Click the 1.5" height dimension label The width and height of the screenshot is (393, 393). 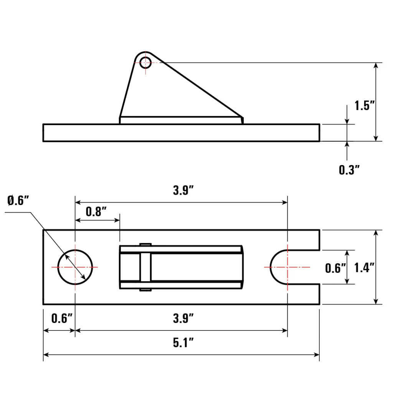[364, 106]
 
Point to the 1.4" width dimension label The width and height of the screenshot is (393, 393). [364, 268]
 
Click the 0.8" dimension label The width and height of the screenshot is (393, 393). [96, 211]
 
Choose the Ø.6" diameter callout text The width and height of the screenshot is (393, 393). [18, 200]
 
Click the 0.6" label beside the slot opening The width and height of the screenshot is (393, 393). [335, 268]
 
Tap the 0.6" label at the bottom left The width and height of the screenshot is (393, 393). [61, 318]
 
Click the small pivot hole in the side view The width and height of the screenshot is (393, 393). [145, 62]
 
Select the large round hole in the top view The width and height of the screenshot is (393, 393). [75, 267]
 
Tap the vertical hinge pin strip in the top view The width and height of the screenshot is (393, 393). [145, 267]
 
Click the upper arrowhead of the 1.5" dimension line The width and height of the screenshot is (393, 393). [376, 66]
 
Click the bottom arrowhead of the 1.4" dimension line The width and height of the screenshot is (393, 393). [376, 301]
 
